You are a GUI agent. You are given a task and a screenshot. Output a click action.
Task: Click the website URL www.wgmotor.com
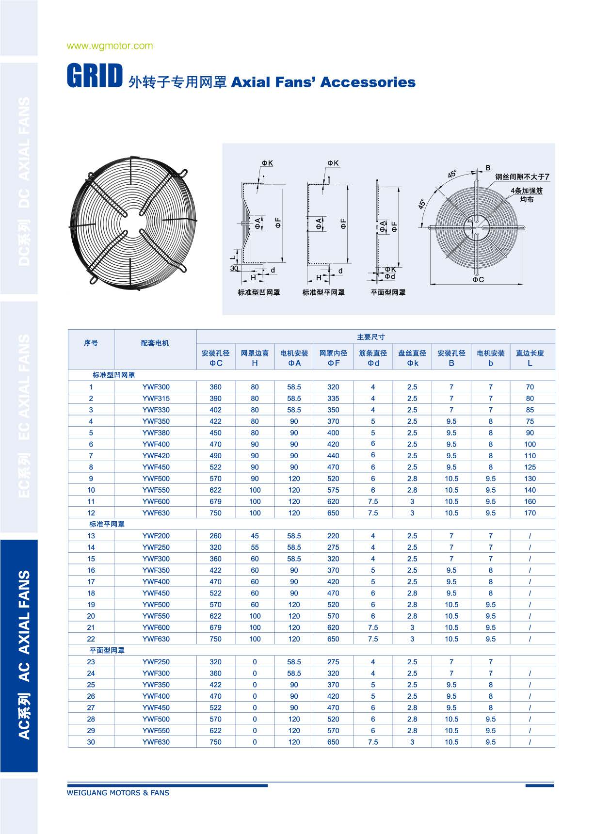[x=110, y=46]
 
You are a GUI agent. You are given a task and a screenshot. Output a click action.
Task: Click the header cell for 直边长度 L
[x=530, y=358]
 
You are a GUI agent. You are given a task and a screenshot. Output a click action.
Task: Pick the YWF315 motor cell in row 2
[x=156, y=399]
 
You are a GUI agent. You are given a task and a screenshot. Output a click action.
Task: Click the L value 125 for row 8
[x=530, y=467]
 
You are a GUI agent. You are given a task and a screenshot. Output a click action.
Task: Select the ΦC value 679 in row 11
[x=215, y=502]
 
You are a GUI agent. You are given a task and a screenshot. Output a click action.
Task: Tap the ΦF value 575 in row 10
[x=333, y=490]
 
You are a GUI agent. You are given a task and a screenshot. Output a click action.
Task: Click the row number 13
[x=91, y=536]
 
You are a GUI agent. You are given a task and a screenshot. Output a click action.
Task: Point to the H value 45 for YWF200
[x=255, y=536]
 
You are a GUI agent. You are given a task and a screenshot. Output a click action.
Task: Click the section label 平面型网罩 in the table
[x=107, y=651]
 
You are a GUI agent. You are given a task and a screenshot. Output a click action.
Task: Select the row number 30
[x=91, y=742]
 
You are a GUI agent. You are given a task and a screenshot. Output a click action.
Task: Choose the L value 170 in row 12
[x=530, y=513]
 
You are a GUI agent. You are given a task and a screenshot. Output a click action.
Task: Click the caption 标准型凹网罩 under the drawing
[x=258, y=292]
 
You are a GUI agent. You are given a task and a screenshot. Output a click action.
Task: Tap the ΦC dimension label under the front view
[x=478, y=280]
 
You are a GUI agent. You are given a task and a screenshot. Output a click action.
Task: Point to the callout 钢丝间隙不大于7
[x=522, y=177]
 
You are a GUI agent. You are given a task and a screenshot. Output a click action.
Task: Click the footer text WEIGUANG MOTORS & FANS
[x=118, y=793]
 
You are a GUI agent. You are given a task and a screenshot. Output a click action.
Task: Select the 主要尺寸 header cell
[x=370, y=337]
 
